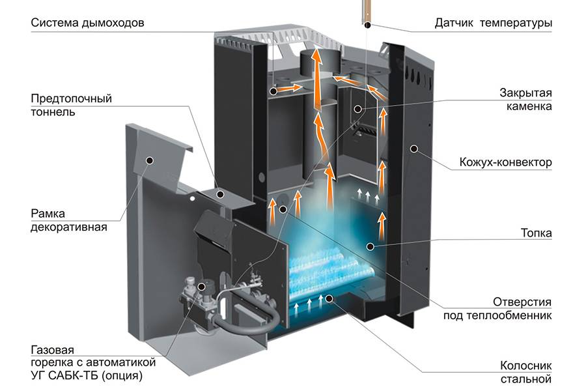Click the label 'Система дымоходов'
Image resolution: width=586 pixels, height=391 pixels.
click(87, 23)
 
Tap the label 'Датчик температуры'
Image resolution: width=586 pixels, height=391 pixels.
click(493, 23)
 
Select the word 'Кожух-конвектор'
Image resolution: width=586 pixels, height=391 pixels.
click(505, 162)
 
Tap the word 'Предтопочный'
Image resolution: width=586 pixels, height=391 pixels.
click(72, 99)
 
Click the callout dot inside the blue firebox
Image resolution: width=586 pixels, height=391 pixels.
click(370, 246)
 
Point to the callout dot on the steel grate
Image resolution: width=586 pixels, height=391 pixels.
click(330, 298)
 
